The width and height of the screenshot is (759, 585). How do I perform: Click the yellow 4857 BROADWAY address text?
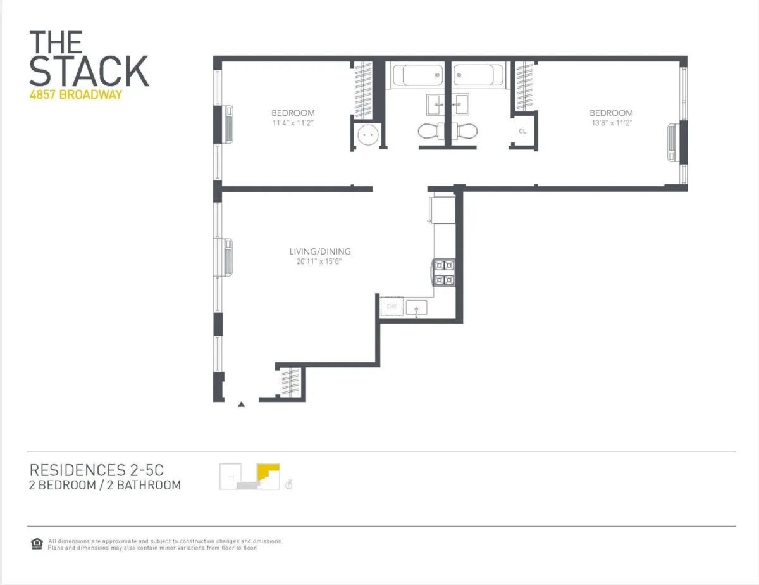pyautogui.click(x=75, y=96)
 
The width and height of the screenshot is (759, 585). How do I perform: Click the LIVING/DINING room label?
pyautogui.click(x=320, y=251)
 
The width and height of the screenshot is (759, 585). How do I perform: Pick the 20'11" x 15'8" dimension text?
pyautogui.click(x=320, y=261)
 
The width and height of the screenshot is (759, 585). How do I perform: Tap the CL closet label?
pyautogui.click(x=522, y=132)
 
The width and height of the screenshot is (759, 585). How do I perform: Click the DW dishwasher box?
pyautogui.click(x=392, y=308)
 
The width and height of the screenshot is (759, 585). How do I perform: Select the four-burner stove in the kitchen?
pyautogui.click(x=443, y=272)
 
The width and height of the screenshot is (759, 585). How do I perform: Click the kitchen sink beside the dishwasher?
pyautogui.click(x=417, y=308)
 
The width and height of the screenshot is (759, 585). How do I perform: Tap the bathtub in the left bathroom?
pyautogui.click(x=417, y=76)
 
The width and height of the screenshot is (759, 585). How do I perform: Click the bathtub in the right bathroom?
pyautogui.click(x=478, y=76)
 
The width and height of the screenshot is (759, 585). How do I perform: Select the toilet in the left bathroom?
pyautogui.click(x=432, y=131)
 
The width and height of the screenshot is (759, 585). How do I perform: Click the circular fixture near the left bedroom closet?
pyautogui.click(x=367, y=135)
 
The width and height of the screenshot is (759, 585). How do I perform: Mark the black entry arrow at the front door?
pyautogui.click(x=241, y=404)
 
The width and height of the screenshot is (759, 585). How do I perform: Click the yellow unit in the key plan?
pyautogui.click(x=269, y=472)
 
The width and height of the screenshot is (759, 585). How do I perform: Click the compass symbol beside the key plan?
pyautogui.click(x=289, y=484)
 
